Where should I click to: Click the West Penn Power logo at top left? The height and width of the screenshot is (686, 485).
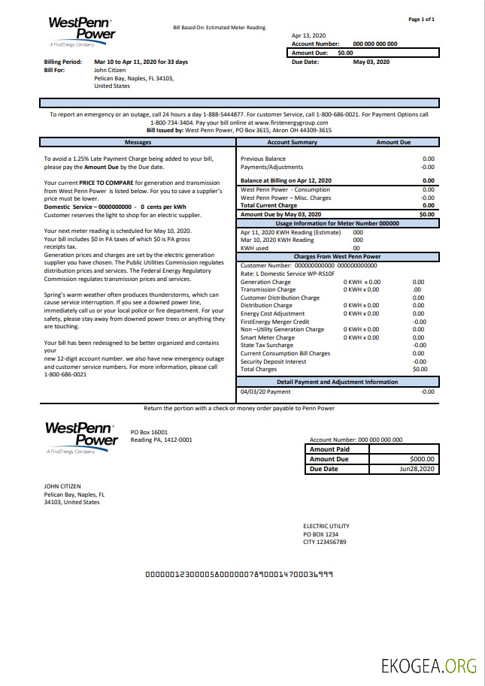pyautogui.click(x=81, y=33)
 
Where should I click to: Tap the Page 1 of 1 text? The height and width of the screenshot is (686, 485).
pyautogui.click(x=421, y=19)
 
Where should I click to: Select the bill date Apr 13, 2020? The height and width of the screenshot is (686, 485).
pyautogui.click(x=308, y=35)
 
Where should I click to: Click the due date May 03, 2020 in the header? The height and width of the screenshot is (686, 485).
pyautogui.click(x=372, y=62)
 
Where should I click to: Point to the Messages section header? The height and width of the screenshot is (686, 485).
pyautogui.click(x=138, y=142)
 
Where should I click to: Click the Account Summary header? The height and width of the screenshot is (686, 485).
pyautogui.click(x=292, y=142)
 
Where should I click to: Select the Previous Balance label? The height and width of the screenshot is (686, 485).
pyautogui.click(x=262, y=159)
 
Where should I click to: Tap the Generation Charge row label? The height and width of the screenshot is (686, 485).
pyautogui.click(x=265, y=282)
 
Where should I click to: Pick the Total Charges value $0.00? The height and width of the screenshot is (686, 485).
pyautogui.click(x=420, y=369)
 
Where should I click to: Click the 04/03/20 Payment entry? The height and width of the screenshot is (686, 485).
pyautogui.click(x=265, y=391)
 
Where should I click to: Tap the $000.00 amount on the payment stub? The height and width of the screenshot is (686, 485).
pyautogui.click(x=423, y=459)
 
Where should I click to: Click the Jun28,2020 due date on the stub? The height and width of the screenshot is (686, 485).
pyautogui.click(x=417, y=469)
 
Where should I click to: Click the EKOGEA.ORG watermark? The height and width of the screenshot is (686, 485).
pyautogui.click(x=429, y=665)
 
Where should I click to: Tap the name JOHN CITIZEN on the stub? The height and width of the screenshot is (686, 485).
pyautogui.click(x=62, y=486)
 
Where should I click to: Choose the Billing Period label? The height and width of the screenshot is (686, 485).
pyautogui.click(x=62, y=62)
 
